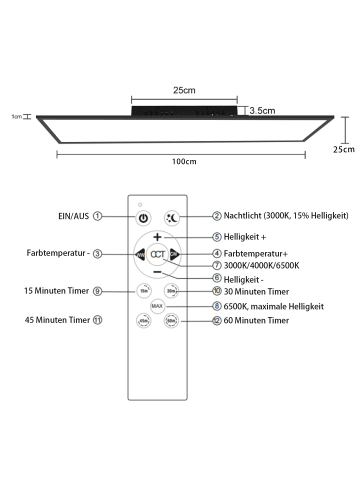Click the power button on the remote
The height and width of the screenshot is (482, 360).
click(143, 218)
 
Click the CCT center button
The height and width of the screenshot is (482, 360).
click(157, 255)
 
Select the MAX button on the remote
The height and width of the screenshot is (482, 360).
click(157, 305)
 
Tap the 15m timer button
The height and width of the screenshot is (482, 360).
click(143, 292)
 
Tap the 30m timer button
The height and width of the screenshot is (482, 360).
click(171, 292)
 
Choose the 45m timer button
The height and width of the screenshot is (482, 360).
click(143, 321)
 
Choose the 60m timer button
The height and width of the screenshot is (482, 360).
click(171, 321)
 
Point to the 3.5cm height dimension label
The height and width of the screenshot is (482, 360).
click(262, 111)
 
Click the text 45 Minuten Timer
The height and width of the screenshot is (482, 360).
click(56, 321)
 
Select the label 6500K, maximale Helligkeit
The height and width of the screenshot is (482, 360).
click(256, 305)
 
